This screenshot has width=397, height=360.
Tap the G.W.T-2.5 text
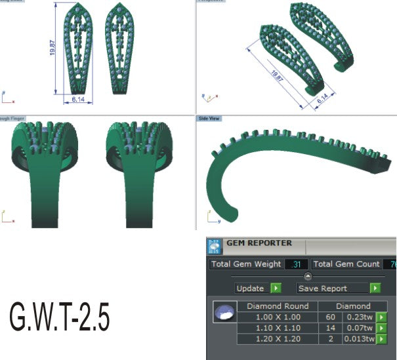(59, 318)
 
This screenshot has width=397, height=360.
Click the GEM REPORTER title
(259, 243)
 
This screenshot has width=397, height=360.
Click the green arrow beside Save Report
(375, 288)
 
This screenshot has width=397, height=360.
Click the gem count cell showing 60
(330, 317)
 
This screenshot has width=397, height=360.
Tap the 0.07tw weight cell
(360, 328)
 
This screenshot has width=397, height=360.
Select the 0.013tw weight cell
(359, 339)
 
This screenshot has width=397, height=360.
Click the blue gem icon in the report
(224, 311)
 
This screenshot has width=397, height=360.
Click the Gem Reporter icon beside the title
(214, 246)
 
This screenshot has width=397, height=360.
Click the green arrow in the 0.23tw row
(381, 317)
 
